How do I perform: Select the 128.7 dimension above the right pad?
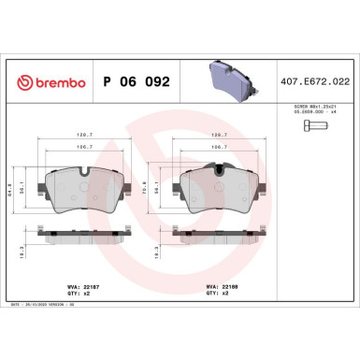coord(221,135)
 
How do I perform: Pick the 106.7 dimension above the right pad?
coord(221,146)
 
